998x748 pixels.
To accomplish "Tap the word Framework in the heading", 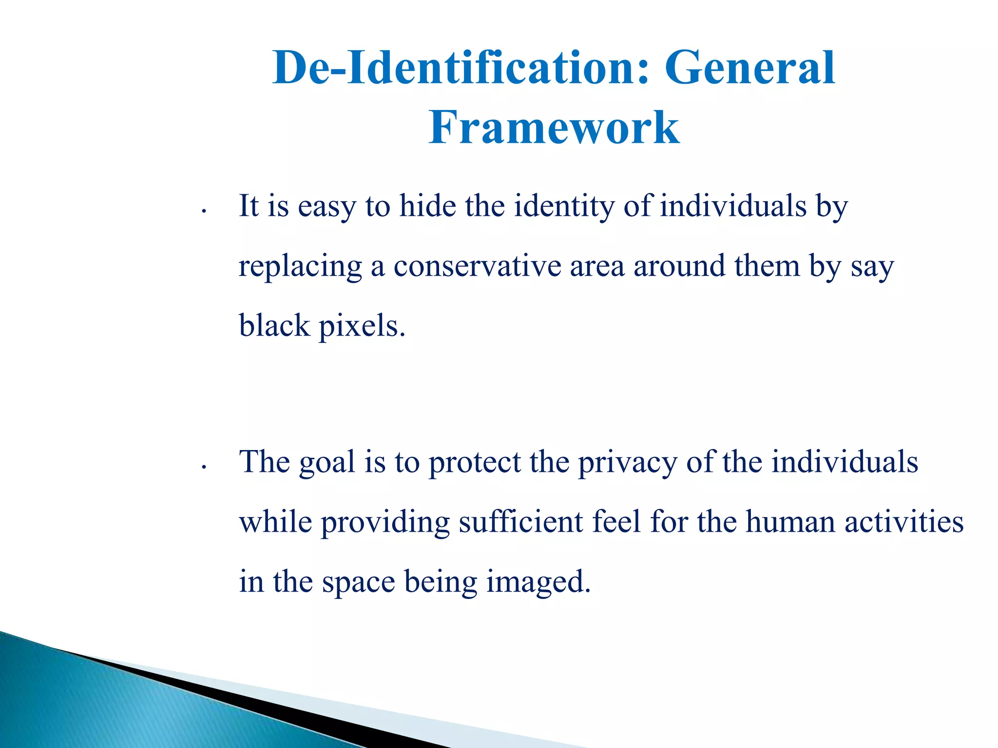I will coord(554,128).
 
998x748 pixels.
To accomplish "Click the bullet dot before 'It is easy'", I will coord(205,211).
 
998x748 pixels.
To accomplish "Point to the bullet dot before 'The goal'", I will coord(205,467).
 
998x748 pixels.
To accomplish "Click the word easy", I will coord(327,206).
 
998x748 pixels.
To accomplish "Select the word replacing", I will coord(300,267).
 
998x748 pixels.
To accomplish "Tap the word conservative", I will coord(477,267).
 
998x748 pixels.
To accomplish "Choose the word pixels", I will coord(362,326).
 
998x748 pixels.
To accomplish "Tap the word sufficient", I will coord(520,522).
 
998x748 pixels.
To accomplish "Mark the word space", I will coord(358,582).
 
